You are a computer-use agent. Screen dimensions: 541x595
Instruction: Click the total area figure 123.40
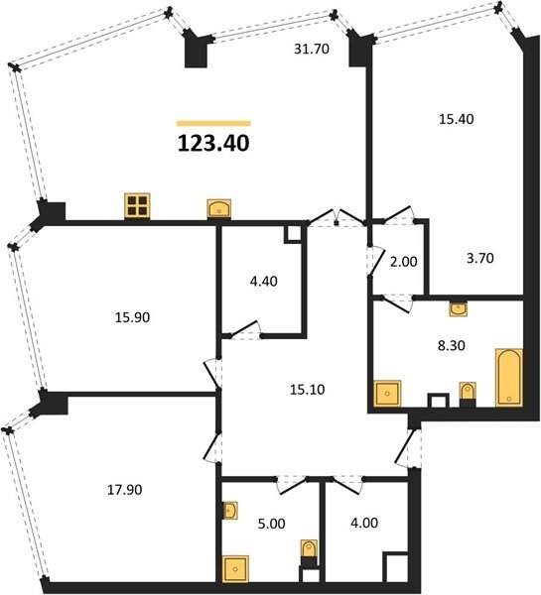tap(213, 144)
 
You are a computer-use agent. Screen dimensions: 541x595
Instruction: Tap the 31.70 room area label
tap(312, 49)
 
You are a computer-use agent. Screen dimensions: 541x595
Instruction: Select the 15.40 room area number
tap(457, 119)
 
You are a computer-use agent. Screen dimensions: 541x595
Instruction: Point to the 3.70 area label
tap(480, 258)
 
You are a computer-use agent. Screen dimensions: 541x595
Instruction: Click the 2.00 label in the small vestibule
tap(404, 262)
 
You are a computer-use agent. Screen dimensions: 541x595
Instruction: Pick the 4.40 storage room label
tap(264, 282)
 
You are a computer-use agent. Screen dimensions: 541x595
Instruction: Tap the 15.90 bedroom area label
tap(133, 317)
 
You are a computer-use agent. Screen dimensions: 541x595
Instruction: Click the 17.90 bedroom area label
tap(125, 490)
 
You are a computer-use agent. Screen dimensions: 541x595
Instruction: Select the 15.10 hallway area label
tap(308, 390)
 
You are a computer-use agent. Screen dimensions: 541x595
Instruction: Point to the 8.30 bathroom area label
tap(452, 346)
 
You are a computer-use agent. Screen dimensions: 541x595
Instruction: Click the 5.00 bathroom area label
tap(272, 524)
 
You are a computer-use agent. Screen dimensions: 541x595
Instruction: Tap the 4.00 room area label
tap(364, 523)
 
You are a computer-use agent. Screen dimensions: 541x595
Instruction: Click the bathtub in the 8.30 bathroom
tap(509, 377)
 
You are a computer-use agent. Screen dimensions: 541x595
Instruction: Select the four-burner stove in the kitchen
tap(137, 205)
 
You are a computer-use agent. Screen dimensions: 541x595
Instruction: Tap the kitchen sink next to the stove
tap(218, 208)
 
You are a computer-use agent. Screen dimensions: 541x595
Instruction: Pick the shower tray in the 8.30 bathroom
tap(387, 394)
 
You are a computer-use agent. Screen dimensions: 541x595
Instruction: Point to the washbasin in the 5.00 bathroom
tap(230, 511)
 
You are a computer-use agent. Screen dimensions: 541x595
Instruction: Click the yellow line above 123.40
tap(213, 123)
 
